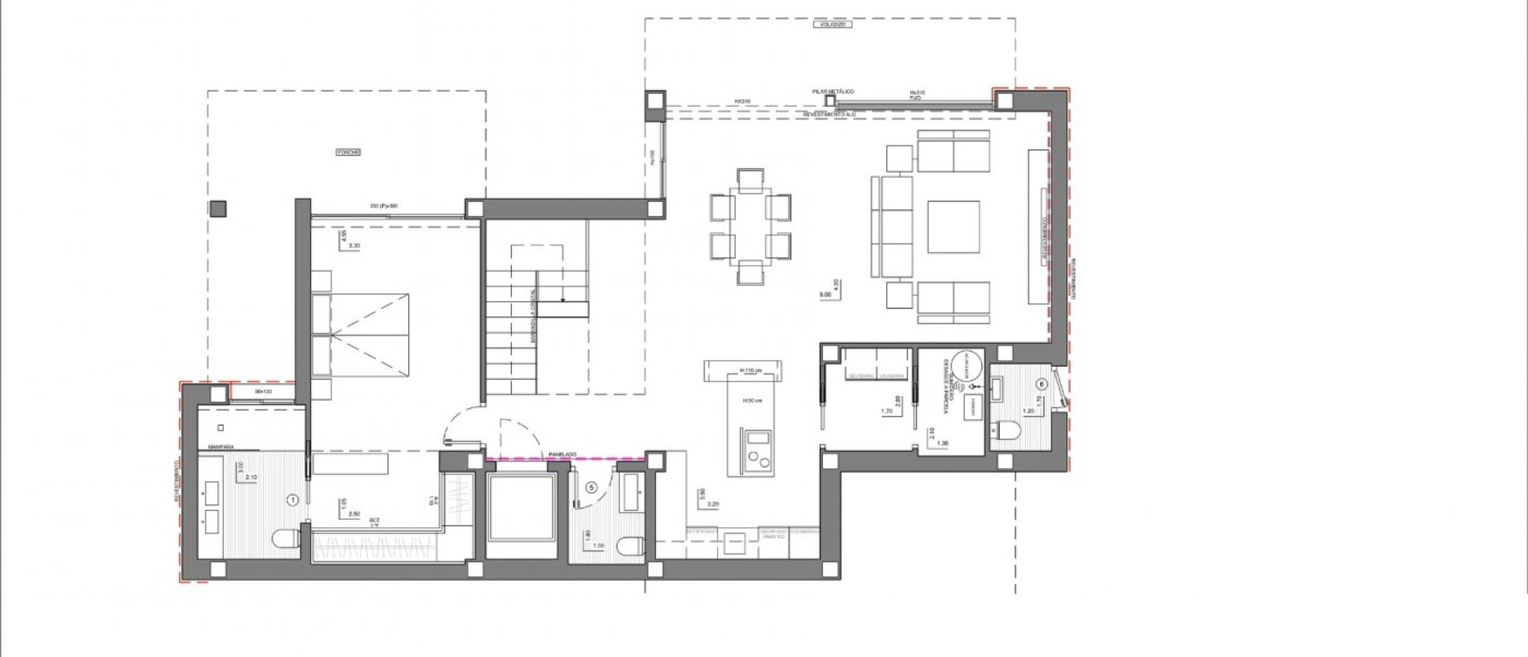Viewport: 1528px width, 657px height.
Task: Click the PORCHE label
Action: tap(348, 152)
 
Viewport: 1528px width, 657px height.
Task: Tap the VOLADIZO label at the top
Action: tap(833, 24)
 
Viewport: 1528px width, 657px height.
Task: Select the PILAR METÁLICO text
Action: tap(833, 91)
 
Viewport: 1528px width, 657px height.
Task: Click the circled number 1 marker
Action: tap(292, 498)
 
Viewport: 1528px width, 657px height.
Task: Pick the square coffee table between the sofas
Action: tap(954, 226)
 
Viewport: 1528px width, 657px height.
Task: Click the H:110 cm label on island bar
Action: tap(751, 370)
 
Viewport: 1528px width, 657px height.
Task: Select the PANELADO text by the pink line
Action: tap(560, 453)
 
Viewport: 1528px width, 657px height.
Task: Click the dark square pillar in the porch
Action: tap(219, 209)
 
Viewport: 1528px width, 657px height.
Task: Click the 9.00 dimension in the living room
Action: tap(825, 295)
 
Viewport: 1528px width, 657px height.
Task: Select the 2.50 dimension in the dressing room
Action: tap(354, 514)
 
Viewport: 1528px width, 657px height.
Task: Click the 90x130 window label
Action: tap(263, 391)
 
